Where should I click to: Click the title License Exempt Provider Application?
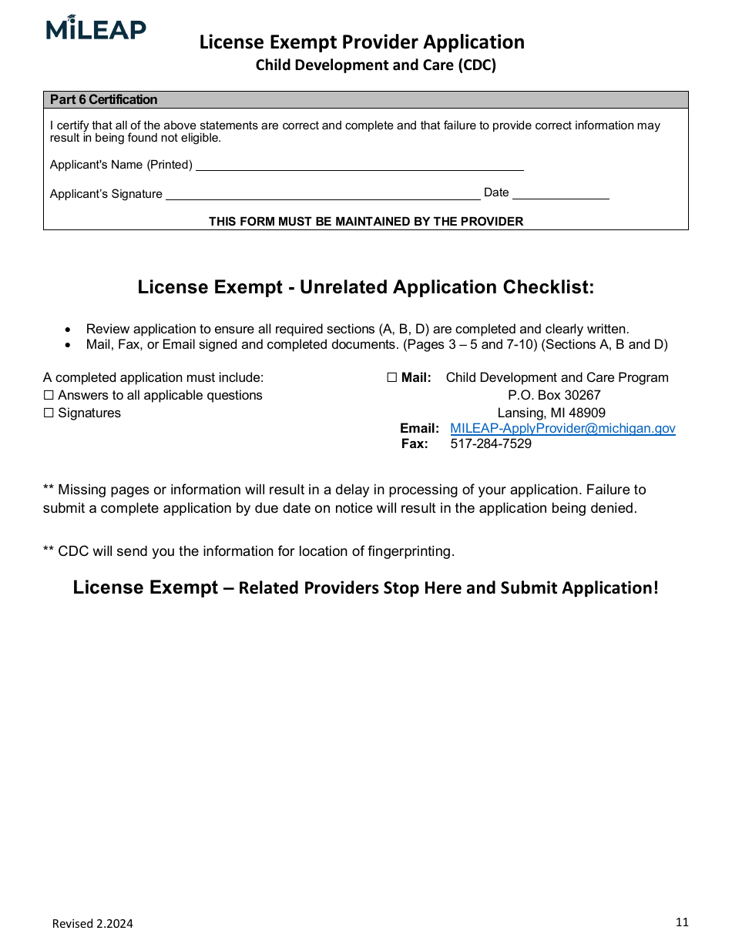(361, 42)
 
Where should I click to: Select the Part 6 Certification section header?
(103, 99)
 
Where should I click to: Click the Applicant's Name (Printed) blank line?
(359, 165)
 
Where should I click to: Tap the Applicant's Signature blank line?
(323, 194)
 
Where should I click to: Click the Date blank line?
(560, 194)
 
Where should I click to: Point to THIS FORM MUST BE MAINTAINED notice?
(365, 222)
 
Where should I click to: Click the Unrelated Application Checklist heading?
(365, 287)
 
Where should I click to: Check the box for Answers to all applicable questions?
(49, 396)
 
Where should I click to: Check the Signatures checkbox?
(49, 413)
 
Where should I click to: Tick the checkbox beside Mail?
(391, 378)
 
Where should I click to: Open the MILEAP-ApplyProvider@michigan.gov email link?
(562, 429)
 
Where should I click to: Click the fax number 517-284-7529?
(490, 444)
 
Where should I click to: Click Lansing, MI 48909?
(551, 413)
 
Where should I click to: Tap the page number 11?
(681, 922)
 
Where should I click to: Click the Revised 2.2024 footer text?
(92, 924)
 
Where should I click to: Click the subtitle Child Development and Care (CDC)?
(375, 65)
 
